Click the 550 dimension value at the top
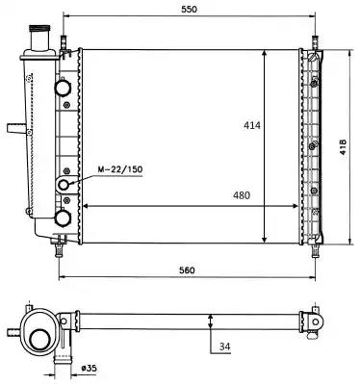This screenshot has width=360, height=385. (189, 9)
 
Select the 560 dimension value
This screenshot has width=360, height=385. (187, 270)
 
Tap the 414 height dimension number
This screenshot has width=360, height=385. (252, 125)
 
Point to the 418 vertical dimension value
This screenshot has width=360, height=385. (344, 147)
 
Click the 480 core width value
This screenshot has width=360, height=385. (241, 195)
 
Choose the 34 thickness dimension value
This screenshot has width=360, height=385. (225, 346)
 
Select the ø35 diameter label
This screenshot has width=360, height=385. (89, 369)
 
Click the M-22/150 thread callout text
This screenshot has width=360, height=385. (119, 169)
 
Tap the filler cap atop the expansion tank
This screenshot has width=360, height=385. (39, 29)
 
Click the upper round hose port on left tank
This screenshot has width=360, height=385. (63, 88)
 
